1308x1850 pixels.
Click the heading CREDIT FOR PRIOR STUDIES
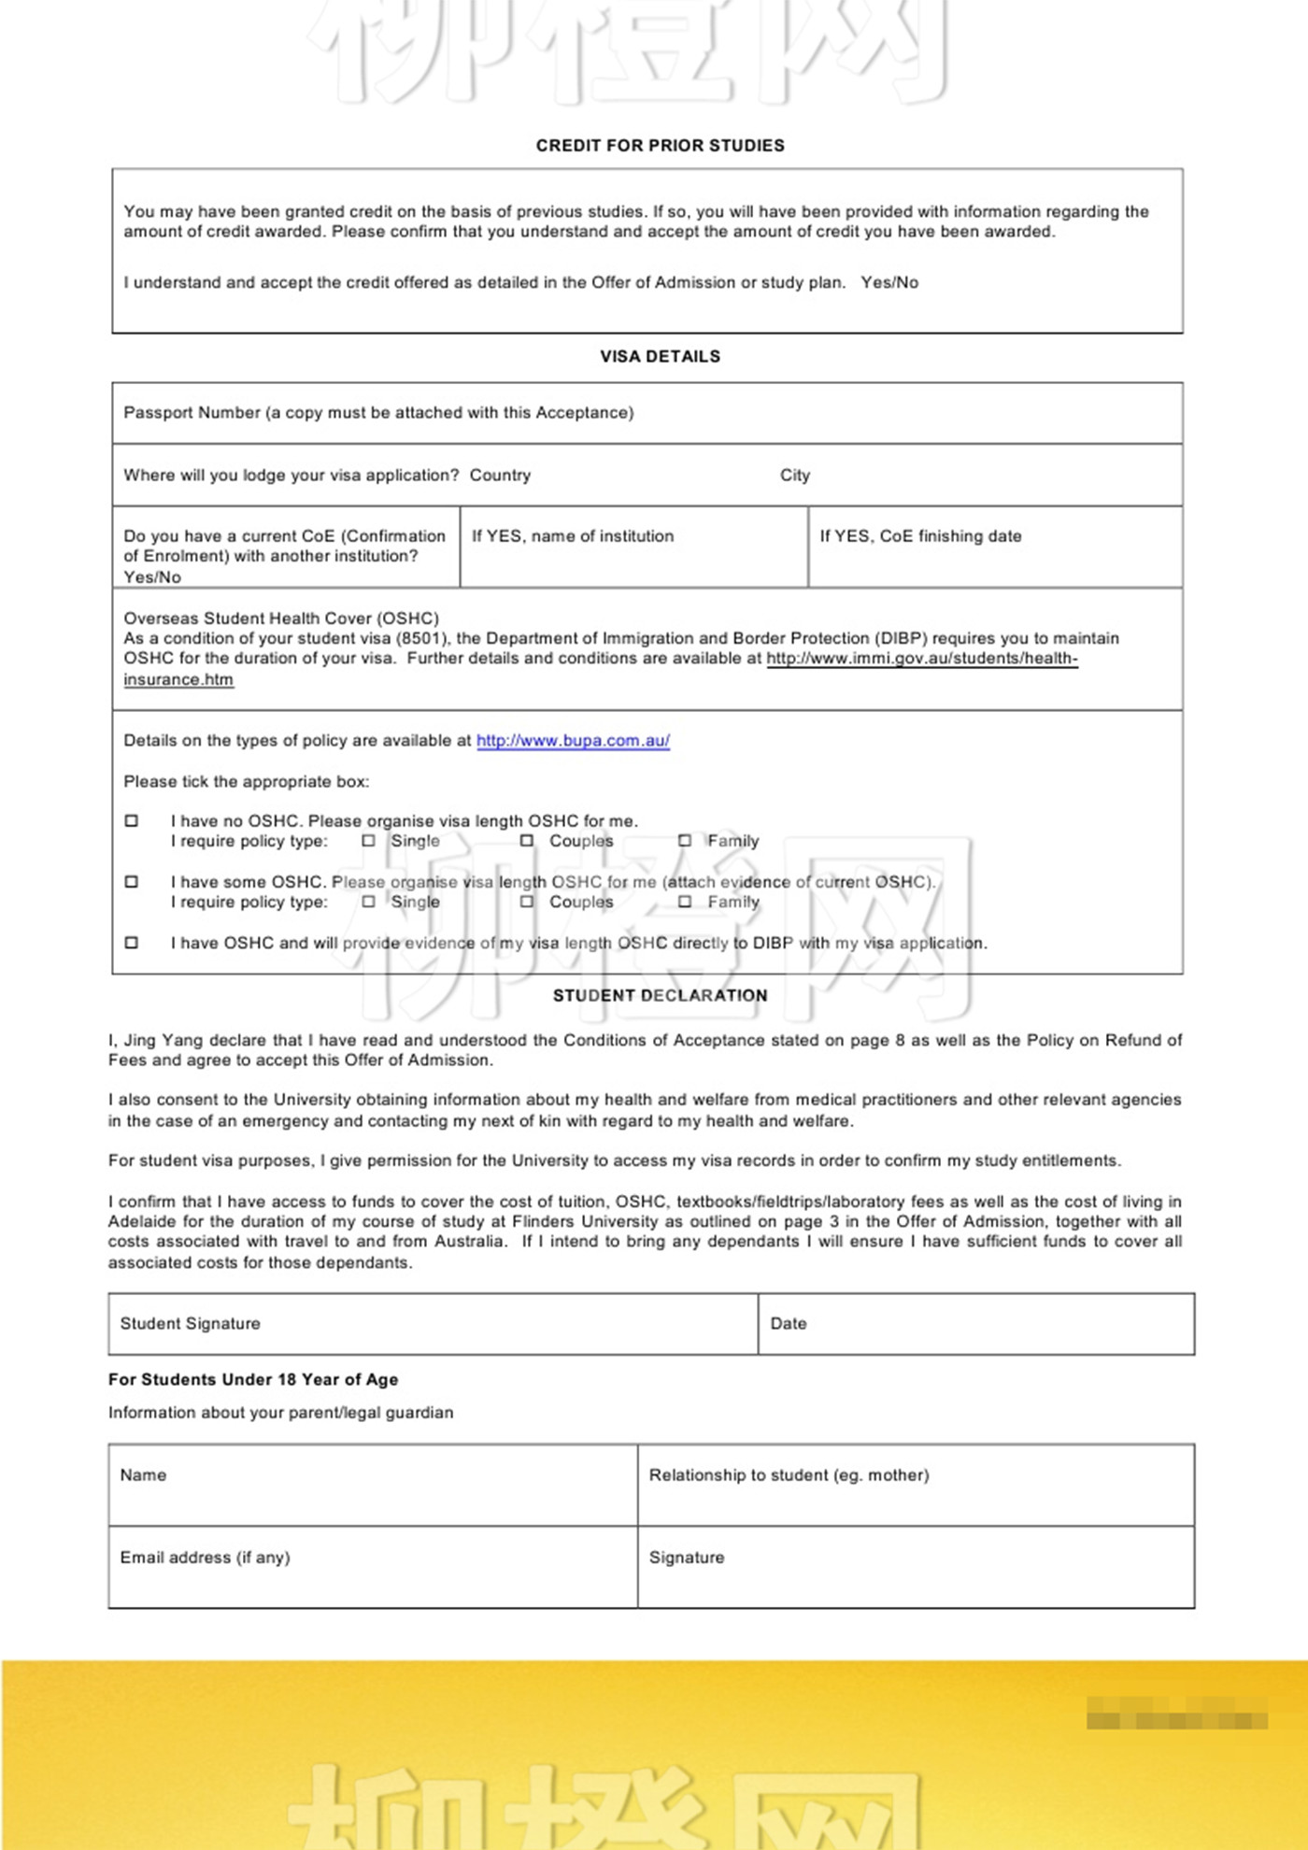click(660, 146)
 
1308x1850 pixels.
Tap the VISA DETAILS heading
click(660, 357)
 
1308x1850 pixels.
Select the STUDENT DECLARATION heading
click(660, 996)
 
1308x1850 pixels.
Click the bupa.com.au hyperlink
click(573, 741)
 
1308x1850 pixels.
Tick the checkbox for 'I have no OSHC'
click(132, 821)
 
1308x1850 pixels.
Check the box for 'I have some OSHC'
click(132, 882)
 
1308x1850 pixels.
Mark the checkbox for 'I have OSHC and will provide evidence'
click(132, 943)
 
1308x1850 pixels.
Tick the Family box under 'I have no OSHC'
click(685, 841)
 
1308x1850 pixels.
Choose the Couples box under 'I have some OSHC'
click(527, 902)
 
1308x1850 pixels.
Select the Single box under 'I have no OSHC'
click(369, 841)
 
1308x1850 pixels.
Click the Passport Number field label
click(378, 413)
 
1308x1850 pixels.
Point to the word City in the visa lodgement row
click(795, 476)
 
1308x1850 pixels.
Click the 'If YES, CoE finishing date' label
click(920, 536)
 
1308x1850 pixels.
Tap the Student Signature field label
click(190, 1324)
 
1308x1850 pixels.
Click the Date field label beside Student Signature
click(789, 1324)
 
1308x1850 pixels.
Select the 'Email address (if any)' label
click(205, 1558)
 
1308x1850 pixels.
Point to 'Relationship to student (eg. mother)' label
click(789, 1475)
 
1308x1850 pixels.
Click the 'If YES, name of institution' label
click(572, 536)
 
